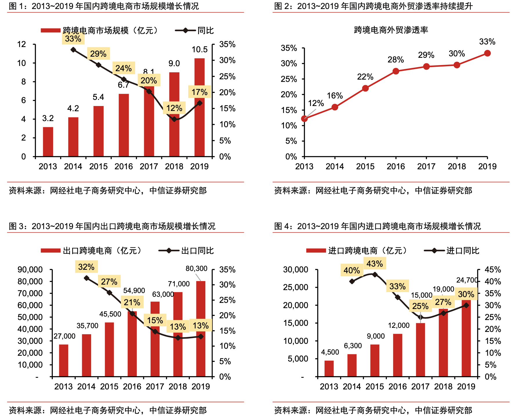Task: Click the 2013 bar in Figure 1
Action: (x=48, y=142)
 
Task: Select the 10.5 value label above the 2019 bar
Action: (x=200, y=50)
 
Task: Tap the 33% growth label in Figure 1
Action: (x=73, y=39)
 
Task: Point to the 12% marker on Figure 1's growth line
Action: (x=174, y=119)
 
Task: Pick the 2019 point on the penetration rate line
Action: (x=487, y=53)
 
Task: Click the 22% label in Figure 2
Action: (x=365, y=77)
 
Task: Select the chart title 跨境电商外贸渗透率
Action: (x=391, y=30)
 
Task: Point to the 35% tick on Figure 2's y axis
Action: (x=289, y=48)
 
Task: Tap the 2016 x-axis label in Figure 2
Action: (x=396, y=166)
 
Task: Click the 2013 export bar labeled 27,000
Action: (x=64, y=360)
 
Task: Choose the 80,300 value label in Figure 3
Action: (x=196, y=269)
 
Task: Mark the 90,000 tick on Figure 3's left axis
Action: (x=30, y=270)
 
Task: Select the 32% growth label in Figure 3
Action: (x=86, y=267)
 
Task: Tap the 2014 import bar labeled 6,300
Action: (x=352, y=365)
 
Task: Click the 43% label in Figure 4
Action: (x=375, y=264)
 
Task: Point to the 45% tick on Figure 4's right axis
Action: (x=493, y=270)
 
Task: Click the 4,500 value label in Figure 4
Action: (x=330, y=352)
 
